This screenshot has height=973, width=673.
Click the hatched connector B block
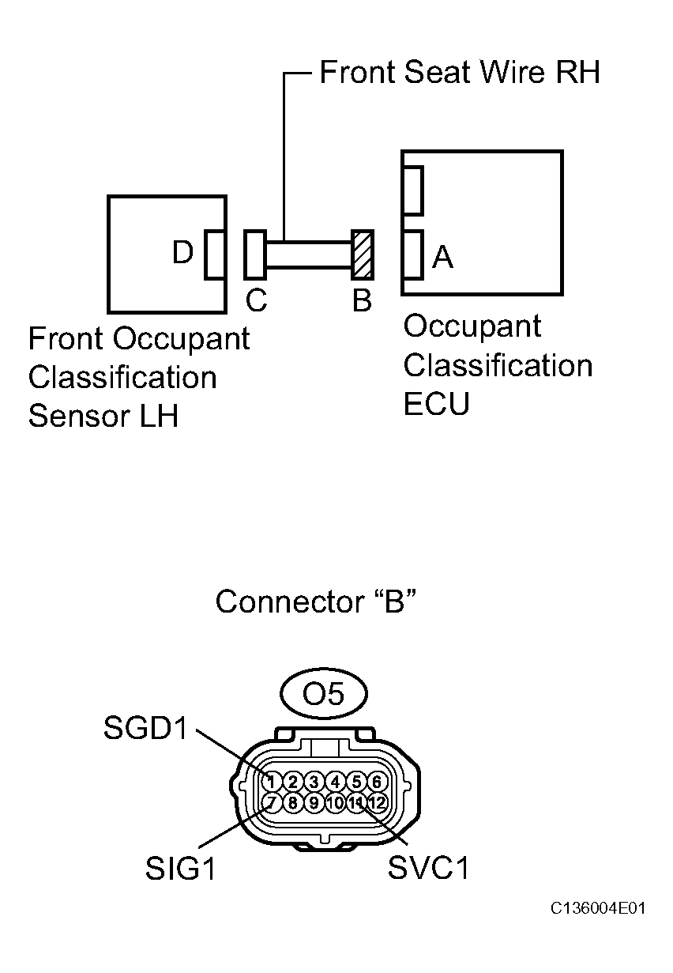(362, 255)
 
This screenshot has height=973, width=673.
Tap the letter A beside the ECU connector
(443, 256)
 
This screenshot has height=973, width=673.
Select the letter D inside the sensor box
(183, 253)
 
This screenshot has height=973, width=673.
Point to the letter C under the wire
(256, 300)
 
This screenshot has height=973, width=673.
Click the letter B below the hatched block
(362, 300)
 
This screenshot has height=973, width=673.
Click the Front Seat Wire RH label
(459, 73)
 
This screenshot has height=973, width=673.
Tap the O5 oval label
(324, 694)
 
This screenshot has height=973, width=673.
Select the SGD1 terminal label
(146, 729)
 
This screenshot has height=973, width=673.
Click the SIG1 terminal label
(180, 869)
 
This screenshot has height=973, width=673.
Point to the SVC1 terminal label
(428, 869)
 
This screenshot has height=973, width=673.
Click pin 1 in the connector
(271, 782)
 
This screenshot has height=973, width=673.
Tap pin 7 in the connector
(271, 803)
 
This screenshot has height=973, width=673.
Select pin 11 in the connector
(356, 803)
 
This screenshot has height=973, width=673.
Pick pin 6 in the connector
(377, 782)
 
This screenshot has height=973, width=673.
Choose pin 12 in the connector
(377, 803)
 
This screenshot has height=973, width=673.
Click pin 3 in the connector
(314, 782)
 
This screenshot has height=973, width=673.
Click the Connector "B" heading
(315, 602)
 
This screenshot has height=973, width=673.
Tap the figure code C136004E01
(599, 908)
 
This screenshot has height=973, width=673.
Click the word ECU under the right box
(436, 404)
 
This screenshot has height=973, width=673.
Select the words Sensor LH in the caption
(103, 416)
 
